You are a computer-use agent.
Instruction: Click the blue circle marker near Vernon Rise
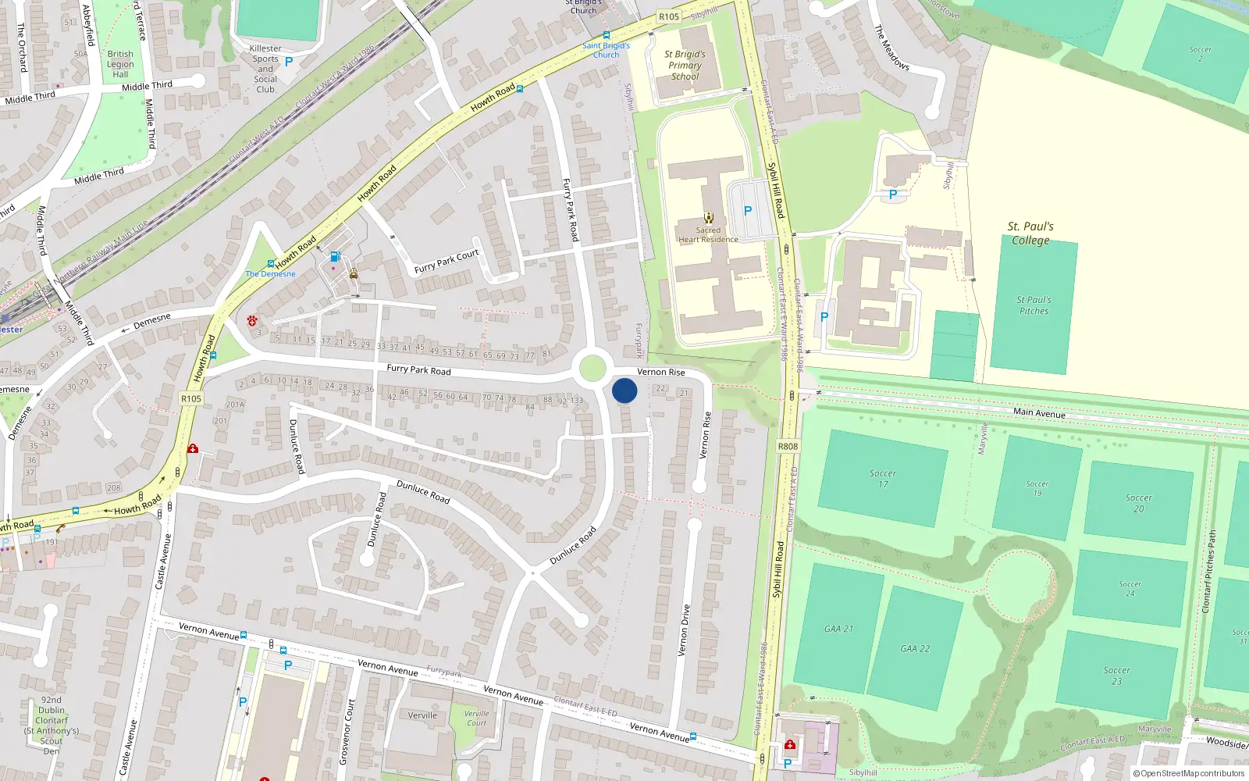[x=624, y=390]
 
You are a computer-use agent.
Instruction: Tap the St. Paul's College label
[x=1030, y=234]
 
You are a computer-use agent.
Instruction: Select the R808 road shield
[x=788, y=447]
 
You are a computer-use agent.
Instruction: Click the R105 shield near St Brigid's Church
[x=669, y=16]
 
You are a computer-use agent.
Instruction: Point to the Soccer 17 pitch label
[x=883, y=479]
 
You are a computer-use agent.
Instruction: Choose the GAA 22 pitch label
[x=915, y=648]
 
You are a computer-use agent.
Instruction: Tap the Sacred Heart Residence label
[x=708, y=235]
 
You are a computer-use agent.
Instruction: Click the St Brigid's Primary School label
[x=685, y=66]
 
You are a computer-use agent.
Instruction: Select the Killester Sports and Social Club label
[x=265, y=69]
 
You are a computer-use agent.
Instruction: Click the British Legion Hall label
[x=120, y=64]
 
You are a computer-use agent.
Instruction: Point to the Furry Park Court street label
[x=447, y=262]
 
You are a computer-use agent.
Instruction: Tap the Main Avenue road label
[x=1039, y=412]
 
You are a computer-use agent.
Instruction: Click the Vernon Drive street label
[x=685, y=629]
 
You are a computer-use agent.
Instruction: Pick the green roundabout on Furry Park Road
[x=592, y=369]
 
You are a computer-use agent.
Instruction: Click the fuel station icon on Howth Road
[x=335, y=256]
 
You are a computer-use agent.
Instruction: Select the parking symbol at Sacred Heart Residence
[x=748, y=210]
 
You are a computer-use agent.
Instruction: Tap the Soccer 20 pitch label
[x=1138, y=503]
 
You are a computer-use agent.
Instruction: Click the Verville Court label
[x=476, y=718]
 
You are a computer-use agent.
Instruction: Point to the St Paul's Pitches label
[x=1034, y=305]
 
